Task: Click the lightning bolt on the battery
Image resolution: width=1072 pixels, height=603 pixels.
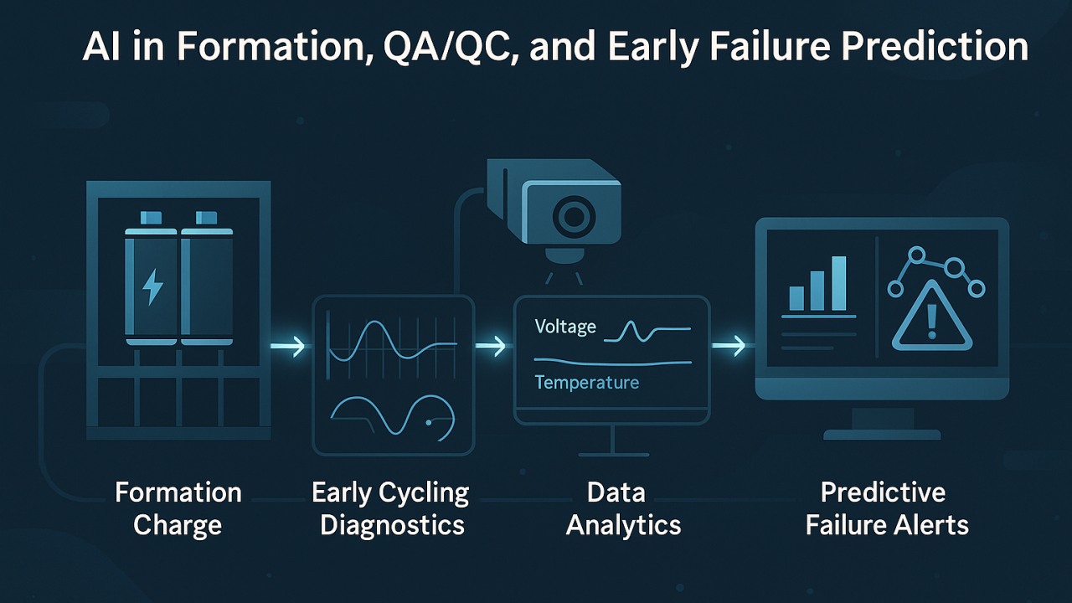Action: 152,286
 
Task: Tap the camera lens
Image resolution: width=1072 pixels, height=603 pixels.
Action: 574,217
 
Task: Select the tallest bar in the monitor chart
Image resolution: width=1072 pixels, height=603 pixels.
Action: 839,283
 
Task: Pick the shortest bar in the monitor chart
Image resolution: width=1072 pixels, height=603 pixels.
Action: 796,298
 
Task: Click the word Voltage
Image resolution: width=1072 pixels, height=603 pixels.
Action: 565,327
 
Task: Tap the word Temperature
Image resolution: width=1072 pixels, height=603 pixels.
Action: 587,383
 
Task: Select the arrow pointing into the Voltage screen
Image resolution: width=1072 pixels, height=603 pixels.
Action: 491,346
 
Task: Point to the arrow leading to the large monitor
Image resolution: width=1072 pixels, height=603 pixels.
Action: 729,346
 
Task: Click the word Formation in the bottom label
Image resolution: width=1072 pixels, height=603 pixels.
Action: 178,492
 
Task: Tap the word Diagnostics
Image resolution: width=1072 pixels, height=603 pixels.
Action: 393,525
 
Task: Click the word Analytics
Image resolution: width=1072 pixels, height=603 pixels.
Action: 623,525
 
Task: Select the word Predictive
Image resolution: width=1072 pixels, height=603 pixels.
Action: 883,492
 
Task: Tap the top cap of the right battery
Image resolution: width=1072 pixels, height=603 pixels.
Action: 206,218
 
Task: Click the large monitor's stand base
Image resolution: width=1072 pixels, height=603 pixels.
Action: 882,435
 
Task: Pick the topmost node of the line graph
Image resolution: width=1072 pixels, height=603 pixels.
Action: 916,255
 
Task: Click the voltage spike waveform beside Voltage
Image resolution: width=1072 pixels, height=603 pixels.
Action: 647,331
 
